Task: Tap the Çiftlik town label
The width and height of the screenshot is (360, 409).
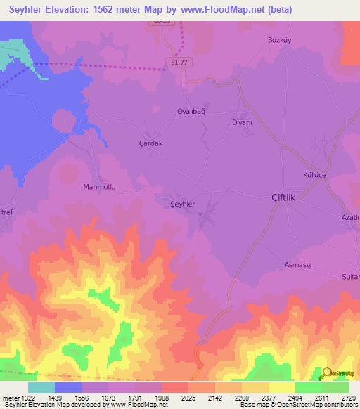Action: point(288,198)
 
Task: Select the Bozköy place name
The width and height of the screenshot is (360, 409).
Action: point(279,39)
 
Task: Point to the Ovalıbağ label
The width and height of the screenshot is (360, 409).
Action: point(191,111)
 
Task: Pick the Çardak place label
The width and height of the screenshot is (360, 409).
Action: point(150,143)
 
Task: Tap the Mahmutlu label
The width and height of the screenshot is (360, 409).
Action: point(98,187)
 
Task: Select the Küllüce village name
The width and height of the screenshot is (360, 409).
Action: point(315,174)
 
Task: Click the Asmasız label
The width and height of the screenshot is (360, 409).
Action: point(297,264)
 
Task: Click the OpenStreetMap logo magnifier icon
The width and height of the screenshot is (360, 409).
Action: point(327,372)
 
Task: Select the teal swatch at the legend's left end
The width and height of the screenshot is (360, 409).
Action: point(41,387)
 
